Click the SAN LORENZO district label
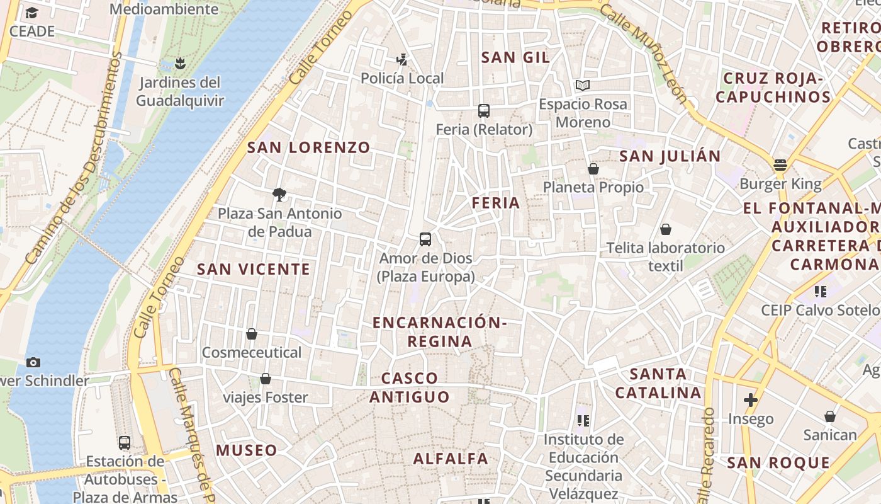point(308,147)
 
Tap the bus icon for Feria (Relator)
point(483,111)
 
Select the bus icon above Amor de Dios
point(425,239)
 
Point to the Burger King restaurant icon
point(780,165)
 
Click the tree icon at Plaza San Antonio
point(279,194)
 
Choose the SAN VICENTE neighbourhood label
point(254,269)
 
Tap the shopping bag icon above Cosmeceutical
point(252,333)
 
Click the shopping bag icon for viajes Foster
point(266,379)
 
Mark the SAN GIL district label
point(515,57)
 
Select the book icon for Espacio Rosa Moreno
point(583,85)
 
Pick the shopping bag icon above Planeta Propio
point(593,168)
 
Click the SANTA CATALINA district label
point(658,383)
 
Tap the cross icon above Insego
point(750,399)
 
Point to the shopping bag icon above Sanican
point(830,416)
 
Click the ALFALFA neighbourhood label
point(451,459)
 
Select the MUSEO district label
point(246,450)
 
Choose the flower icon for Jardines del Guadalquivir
point(180,63)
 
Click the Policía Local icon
point(402,60)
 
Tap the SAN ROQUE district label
point(778,463)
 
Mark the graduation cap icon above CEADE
point(31,13)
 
